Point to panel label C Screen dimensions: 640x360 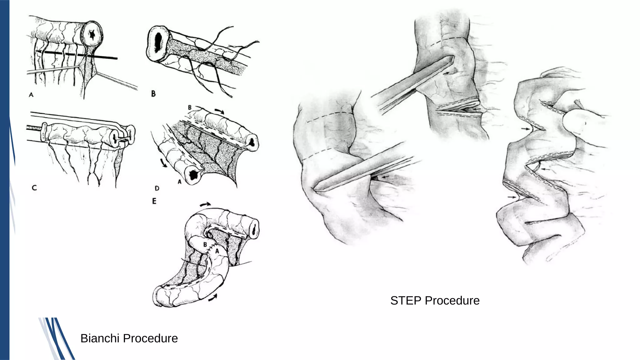click(x=34, y=187)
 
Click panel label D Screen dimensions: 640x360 click(x=157, y=188)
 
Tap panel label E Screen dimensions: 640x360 click(x=154, y=201)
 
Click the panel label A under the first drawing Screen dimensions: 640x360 click(x=31, y=94)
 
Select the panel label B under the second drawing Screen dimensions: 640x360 click(x=153, y=93)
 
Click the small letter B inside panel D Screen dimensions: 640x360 click(x=190, y=107)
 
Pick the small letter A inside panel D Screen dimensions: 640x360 click(x=180, y=181)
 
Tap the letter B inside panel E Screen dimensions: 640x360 click(x=205, y=244)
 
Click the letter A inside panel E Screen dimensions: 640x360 click(x=217, y=251)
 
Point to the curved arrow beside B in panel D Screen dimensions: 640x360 click(x=220, y=111)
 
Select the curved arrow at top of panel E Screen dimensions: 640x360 click(x=205, y=204)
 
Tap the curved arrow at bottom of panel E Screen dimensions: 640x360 click(x=213, y=298)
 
